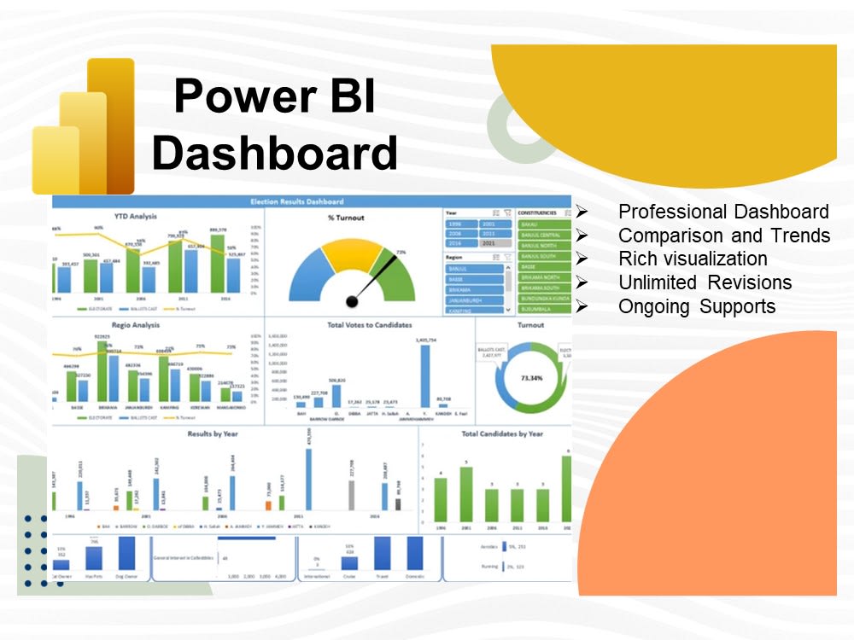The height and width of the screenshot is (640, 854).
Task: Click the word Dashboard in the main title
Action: (x=274, y=154)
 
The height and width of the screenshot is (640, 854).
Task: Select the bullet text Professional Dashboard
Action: (x=722, y=212)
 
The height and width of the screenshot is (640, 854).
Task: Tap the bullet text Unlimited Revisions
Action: (x=705, y=282)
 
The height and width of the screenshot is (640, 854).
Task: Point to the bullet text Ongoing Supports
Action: (x=696, y=306)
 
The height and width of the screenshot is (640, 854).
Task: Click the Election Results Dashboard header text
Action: (x=297, y=201)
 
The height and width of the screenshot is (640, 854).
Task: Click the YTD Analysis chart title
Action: (x=135, y=217)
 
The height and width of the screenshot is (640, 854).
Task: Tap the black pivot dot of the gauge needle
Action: (x=351, y=300)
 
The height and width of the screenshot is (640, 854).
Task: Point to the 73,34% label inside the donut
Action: (x=529, y=375)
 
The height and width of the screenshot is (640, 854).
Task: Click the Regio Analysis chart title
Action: (x=134, y=325)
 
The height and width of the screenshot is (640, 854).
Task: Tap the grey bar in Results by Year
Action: (x=351, y=495)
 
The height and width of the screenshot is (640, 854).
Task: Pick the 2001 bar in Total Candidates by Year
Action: (x=465, y=494)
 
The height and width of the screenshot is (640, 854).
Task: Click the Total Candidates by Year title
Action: (x=502, y=433)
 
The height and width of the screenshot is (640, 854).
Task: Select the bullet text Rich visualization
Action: (x=693, y=259)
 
